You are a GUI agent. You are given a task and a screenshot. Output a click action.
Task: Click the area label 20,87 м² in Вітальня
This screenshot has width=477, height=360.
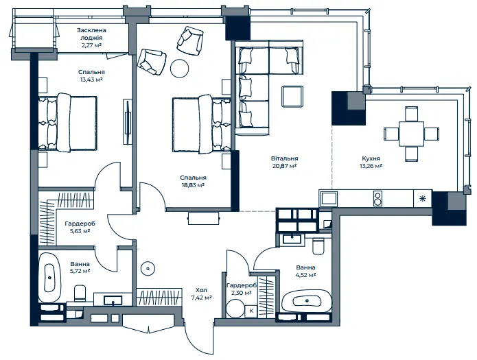pos(284,166)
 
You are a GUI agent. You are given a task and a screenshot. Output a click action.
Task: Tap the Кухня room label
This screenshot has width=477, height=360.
pos(371,158)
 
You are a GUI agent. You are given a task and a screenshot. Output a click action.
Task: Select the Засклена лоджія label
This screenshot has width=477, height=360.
pos(91,34)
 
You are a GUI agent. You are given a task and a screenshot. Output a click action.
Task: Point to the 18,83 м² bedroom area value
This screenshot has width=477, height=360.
pos(193,185)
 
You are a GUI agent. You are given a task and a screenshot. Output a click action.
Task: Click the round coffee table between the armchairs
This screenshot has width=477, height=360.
pos(180,68)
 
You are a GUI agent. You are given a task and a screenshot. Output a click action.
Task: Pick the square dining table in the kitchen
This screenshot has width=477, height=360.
pos(411,134)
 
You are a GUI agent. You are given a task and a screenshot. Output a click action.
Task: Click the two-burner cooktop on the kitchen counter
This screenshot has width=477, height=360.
pos(377,199)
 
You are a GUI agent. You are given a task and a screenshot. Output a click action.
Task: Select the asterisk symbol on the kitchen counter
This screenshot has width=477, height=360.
pos(423,199)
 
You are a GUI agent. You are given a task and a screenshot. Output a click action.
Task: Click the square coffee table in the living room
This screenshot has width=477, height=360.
pos(292,97)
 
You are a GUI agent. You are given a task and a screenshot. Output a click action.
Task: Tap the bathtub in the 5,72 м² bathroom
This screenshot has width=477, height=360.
pos(50,277)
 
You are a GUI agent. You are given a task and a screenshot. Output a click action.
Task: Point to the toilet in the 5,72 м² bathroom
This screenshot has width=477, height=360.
pos(80,292)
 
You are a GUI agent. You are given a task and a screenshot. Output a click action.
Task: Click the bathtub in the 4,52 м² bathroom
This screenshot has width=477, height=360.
pos(307,301)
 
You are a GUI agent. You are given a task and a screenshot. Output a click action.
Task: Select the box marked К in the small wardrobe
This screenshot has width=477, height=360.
pos(251,311)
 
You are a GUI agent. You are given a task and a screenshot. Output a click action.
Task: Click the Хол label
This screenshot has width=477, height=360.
pos(201,290)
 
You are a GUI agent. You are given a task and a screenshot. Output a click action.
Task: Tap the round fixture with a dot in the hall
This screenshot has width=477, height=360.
pos(148,269)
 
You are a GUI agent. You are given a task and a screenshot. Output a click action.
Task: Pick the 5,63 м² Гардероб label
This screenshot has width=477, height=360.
pos(80,227)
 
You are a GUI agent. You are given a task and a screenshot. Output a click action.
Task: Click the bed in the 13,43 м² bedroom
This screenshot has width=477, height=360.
pos(67,123)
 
